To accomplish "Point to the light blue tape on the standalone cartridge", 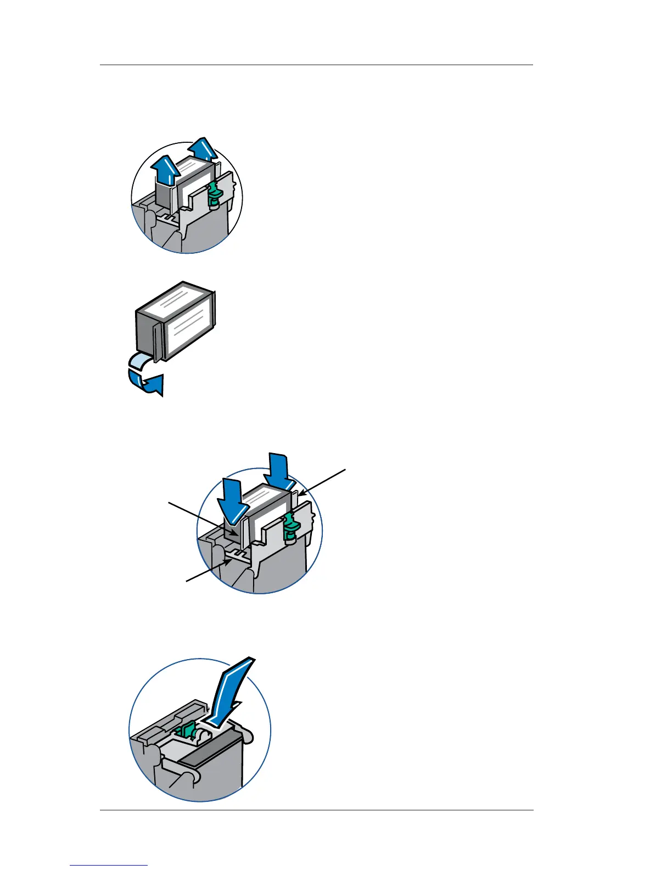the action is [138, 361].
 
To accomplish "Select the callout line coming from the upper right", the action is [323, 483].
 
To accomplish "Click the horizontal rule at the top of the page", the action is [316, 65].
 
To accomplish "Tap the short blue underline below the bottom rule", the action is [109, 865].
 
